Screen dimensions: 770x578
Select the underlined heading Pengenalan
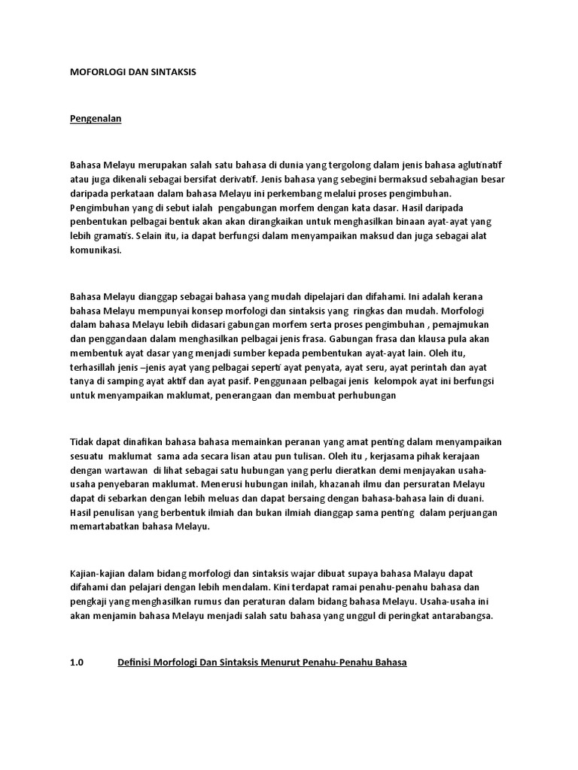(x=96, y=119)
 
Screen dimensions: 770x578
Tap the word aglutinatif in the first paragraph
(x=480, y=165)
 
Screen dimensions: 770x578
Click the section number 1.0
(x=77, y=663)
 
